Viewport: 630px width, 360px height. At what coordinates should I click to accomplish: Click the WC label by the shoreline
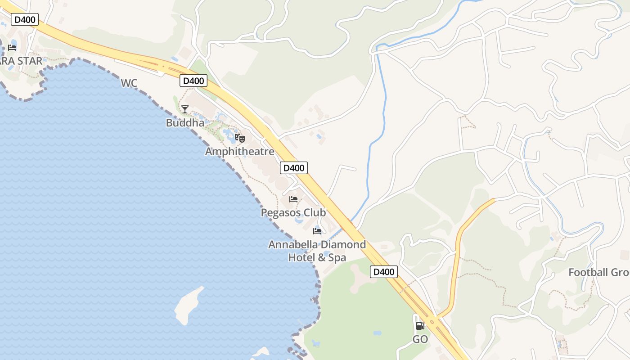point(129,83)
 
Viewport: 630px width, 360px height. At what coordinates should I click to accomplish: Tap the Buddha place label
point(185,123)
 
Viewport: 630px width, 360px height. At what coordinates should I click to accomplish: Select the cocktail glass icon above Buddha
point(185,109)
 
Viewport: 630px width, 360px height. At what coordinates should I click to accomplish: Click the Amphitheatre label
point(239,152)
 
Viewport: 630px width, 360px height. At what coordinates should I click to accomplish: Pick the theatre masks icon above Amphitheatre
point(240,138)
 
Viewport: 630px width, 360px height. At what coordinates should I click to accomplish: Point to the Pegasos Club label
point(293,212)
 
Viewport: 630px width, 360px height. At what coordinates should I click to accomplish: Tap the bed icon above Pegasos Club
point(293,199)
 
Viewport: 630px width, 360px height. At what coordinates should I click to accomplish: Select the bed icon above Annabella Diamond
point(317,231)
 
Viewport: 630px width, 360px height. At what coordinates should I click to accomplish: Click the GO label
point(420,340)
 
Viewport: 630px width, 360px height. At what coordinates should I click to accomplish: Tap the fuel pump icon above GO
point(420,325)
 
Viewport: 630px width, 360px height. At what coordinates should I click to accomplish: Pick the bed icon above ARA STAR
point(12,47)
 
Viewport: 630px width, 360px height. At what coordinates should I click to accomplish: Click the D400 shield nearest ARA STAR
point(24,19)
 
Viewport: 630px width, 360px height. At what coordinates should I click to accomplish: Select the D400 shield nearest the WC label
point(193,81)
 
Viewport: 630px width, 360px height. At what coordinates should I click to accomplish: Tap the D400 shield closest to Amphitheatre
point(294,168)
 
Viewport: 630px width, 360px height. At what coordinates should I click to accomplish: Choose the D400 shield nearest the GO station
point(384,272)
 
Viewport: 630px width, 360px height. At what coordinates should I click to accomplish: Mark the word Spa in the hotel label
point(337,258)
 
